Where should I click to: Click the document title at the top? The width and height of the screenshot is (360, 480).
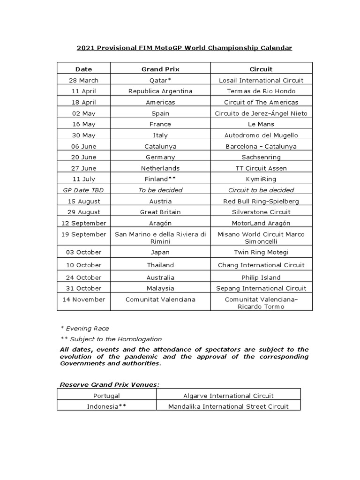tap(184, 48)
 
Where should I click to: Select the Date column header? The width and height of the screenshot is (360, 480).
tap(83, 69)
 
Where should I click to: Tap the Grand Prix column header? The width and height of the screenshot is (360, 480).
tap(160, 69)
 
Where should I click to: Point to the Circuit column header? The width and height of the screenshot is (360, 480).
tap(261, 69)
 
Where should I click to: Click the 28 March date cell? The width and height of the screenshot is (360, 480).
tap(83, 80)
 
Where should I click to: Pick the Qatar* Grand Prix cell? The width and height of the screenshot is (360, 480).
tap(160, 80)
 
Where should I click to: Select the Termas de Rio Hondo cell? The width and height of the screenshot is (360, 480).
tap(261, 91)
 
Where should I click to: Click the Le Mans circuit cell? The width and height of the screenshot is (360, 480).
tap(261, 124)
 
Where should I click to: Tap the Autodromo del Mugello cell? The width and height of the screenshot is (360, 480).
tap(261, 135)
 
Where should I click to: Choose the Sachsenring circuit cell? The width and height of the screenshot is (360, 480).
tap(261, 157)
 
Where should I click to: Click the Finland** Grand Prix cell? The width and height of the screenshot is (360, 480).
tap(160, 179)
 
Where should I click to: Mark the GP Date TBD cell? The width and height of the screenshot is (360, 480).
tap(83, 190)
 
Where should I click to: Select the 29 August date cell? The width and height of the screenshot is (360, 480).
tap(83, 212)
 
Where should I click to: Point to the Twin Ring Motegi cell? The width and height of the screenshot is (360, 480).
tap(261, 252)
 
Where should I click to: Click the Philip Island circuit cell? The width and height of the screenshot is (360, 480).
tap(261, 277)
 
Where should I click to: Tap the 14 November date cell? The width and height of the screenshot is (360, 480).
tap(83, 299)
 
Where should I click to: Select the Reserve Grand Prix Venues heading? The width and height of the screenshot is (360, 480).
tap(110, 385)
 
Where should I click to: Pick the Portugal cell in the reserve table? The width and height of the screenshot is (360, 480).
tap(106, 396)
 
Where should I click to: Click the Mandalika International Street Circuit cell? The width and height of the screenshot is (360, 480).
tap(228, 406)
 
